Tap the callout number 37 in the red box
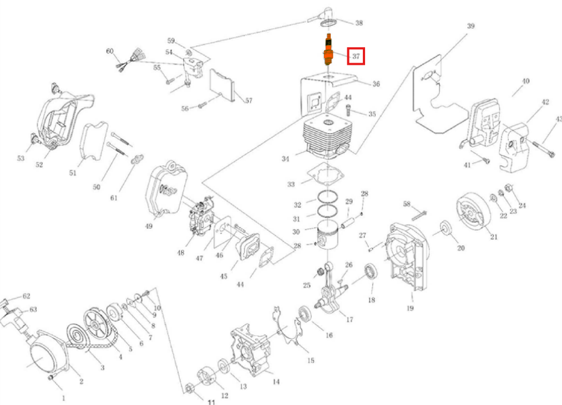pos(356,56)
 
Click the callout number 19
pos(410,308)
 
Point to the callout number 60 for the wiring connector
pos(110,52)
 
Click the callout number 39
pos(471,26)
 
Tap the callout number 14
pos(276,381)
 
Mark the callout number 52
pos(39,165)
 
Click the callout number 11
pos(211,402)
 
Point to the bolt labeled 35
pos(348,107)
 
